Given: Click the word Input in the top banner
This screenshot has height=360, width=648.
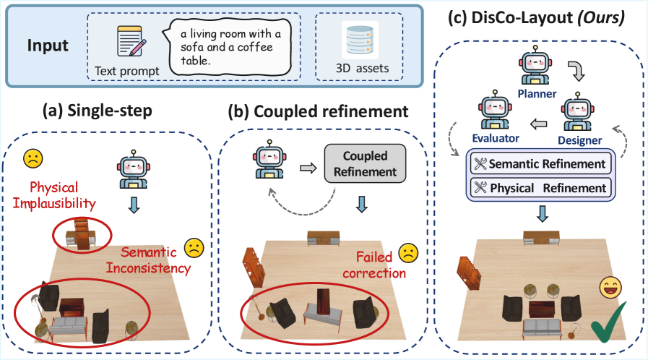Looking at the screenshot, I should point(48,46).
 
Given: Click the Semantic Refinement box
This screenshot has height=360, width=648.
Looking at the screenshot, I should point(540,164).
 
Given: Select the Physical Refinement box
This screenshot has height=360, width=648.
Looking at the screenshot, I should point(540,188).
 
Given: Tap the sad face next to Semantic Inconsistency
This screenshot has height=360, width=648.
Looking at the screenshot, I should point(194,248).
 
